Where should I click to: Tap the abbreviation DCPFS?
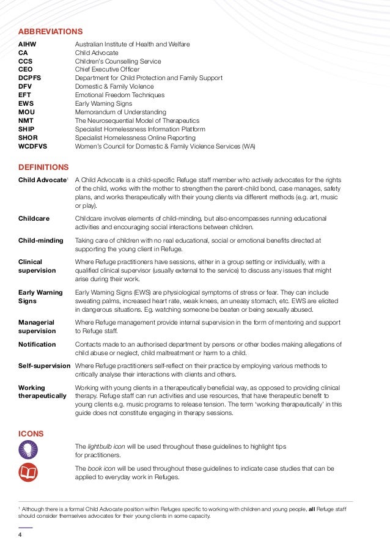31,78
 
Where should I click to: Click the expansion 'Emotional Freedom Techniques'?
119,95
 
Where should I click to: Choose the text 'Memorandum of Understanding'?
120,112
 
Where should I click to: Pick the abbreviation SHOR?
28,138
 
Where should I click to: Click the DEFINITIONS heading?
43,167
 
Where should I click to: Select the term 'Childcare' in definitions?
34,218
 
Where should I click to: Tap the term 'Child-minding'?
41,241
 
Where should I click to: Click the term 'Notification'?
37,345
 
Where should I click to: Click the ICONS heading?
31,433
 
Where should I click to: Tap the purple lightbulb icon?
28,449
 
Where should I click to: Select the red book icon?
28,472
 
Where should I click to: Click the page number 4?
20,535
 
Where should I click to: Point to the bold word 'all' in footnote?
312,508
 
